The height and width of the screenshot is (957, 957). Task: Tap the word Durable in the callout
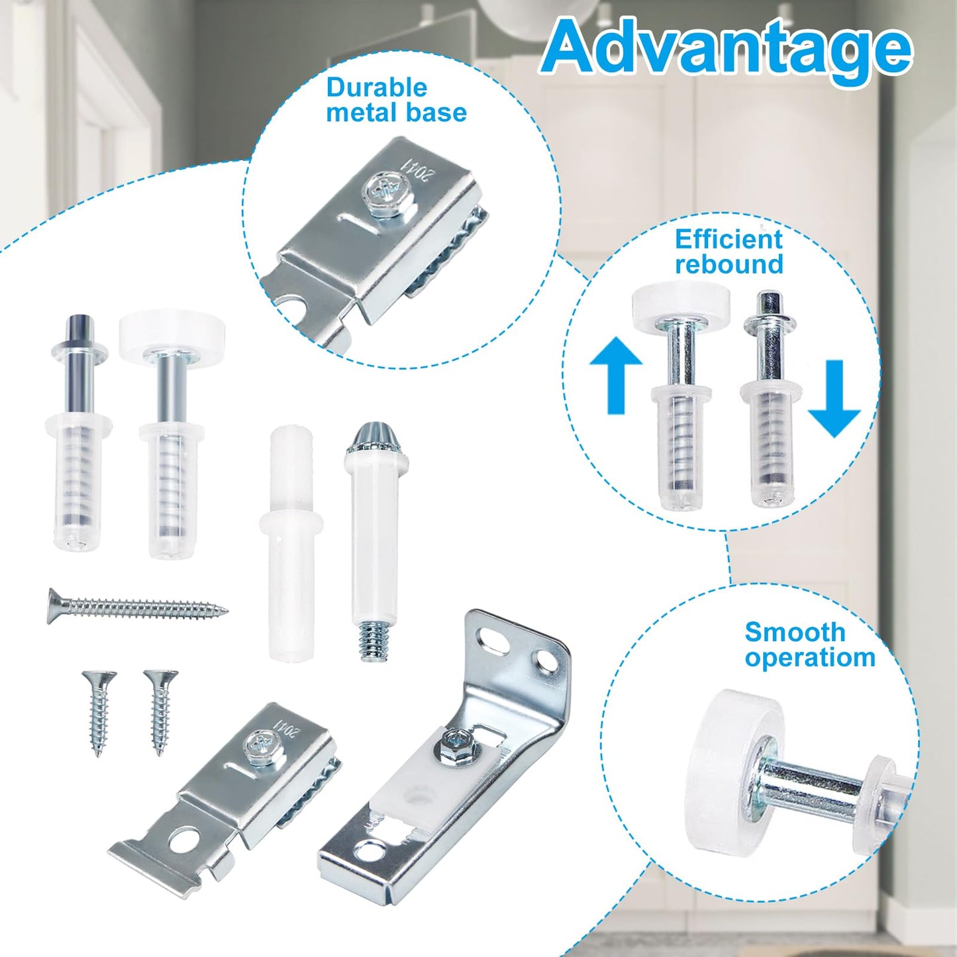click(x=376, y=87)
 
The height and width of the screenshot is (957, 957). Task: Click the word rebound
click(x=729, y=264)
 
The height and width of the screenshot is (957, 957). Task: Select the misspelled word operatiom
click(x=809, y=658)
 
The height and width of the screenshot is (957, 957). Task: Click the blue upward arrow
click(x=616, y=374)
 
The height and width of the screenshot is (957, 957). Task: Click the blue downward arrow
click(x=834, y=397)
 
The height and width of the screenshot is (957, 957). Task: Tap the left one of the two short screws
click(x=98, y=712)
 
